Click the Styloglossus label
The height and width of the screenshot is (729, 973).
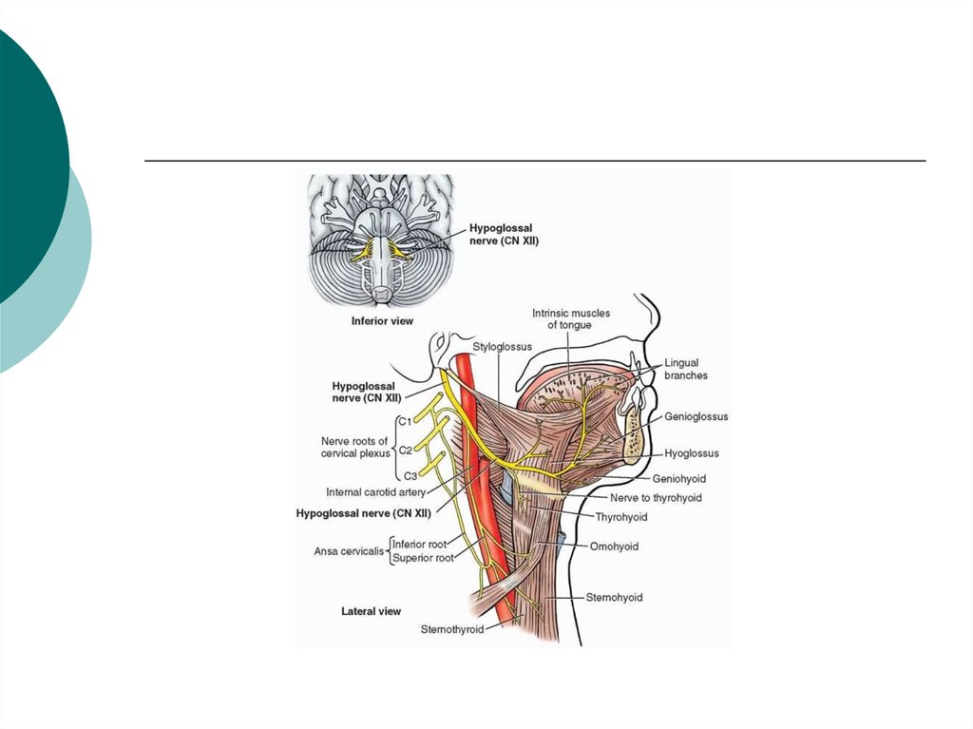pyautogui.click(x=502, y=347)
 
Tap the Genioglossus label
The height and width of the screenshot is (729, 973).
pyautogui.click(x=696, y=416)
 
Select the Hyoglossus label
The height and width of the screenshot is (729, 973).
pyautogui.click(x=692, y=453)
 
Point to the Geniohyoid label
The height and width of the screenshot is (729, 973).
pyautogui.click(x=678, y=479)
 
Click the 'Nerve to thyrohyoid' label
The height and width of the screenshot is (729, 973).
pyautogui.click(x=656, y=497)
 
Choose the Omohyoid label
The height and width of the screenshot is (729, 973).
pyautogui.click(x=614, y=547)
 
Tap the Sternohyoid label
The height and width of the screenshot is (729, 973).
pyautogui.click(x=614, y=597)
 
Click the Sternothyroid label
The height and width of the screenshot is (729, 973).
pyautogui.click(x=451, y=629)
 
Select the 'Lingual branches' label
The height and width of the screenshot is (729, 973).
pyautogui.click(x=686, y=369)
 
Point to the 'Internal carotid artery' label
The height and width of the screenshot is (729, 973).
pyautogui.click(x=375, y=491)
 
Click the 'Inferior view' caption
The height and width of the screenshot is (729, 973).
pyautogui.click(x=382, y=321)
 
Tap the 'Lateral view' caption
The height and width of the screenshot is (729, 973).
pyautogui.click(x=372, y=611)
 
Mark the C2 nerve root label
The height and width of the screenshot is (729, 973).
pyautogui.click(x=405, y=450)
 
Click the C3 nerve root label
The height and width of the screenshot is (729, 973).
pyautogui.click(x=410, y=476)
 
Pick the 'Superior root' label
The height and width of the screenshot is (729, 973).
pyautogui.click(x=423, y=558)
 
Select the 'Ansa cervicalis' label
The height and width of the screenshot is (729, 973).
pyautogui.click(x=349, y=550)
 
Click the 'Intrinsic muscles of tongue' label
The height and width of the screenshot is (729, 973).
pyautogui.click(x=570, y=318)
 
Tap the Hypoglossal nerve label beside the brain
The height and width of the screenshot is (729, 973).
pyautogui.click(x=504, y=234)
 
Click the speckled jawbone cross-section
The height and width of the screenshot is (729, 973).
pyautogui.click(x=632, y=432)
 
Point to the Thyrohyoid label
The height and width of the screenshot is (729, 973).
pyautogui.click(x=621, y=517)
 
